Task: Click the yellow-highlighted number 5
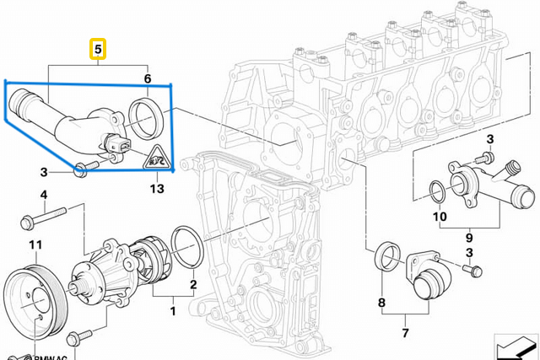coord(99,51)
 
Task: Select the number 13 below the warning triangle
coord(158,190)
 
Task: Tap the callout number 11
coord(35,245)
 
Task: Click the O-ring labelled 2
coord(187,245)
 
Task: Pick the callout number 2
coord(193,284)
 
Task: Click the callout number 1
coord(174,311)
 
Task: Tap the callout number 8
coord(381,302)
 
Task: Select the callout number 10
coord(439,217)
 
